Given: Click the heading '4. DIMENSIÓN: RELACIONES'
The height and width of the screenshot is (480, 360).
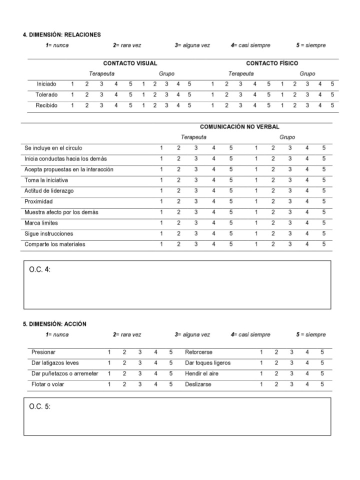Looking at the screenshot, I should click(62, 35).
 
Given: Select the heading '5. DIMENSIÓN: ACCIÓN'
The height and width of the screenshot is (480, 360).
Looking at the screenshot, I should click(54, 324).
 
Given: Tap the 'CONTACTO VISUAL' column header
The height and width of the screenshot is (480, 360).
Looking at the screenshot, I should click(130, 63).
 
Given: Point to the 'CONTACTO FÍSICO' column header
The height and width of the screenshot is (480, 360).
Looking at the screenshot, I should click(272, 63).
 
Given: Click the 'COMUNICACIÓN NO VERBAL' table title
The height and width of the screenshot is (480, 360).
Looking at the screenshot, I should click(239, 127).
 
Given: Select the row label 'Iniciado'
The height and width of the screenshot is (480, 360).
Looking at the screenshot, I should click(46, 84).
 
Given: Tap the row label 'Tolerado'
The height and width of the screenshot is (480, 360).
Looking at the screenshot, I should click(46, 94).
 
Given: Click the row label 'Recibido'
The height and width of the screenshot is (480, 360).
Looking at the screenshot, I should click(46, 105).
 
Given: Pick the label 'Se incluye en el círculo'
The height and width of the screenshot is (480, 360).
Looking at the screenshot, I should click(53, 148).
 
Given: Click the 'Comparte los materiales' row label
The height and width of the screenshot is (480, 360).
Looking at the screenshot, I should click(55, 244).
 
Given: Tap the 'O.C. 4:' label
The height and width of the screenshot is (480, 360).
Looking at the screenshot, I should click(40, 269).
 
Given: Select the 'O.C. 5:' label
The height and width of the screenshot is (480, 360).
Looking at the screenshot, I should click(40, 406).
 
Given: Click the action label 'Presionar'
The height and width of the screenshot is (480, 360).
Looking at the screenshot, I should click(43, 352).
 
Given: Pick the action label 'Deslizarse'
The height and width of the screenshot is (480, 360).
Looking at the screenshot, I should click(198, 384).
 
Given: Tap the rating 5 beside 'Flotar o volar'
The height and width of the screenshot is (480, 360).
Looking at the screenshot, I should click(171, 384).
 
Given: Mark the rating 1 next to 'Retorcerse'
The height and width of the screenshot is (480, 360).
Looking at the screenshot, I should click(261, 352).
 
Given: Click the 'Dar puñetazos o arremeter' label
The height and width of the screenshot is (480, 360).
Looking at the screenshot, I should click(65, 373).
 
